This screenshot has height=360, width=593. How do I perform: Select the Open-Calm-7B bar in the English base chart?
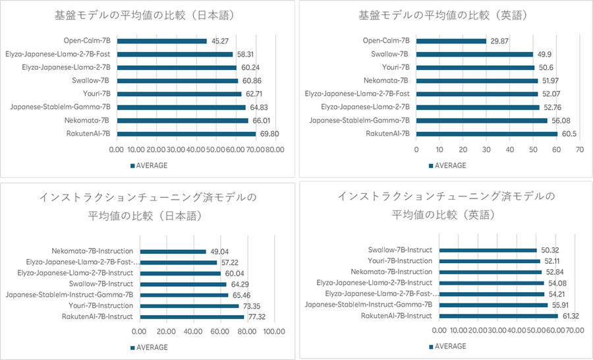[x=450, y=41]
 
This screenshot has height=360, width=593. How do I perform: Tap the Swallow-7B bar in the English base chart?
[x=474, y=54]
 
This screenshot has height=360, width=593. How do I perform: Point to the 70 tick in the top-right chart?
[x=579, y=149]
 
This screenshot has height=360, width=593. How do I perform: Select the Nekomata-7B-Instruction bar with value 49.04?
[x=173, y=251]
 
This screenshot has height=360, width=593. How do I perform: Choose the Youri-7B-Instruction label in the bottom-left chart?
[x=101, y=306]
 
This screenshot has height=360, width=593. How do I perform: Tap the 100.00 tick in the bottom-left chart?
[x=273, y=332]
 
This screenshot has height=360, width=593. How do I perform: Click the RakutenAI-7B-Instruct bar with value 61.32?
[x=498, y=316]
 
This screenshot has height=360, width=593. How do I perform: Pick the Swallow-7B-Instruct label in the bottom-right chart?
[x=400, y=250]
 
